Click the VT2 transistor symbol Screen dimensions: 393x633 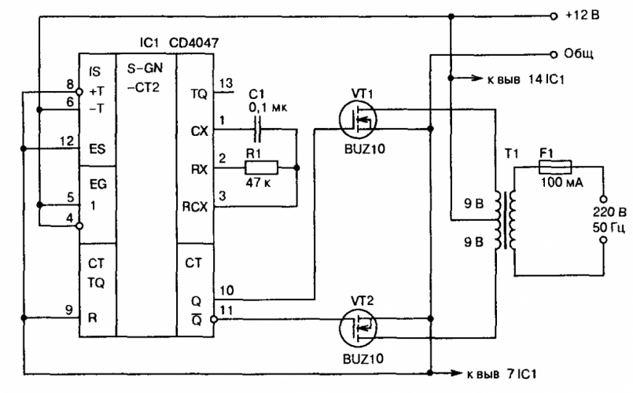359,325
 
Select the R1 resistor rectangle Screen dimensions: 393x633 261,167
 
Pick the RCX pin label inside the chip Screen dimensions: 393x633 193,209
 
